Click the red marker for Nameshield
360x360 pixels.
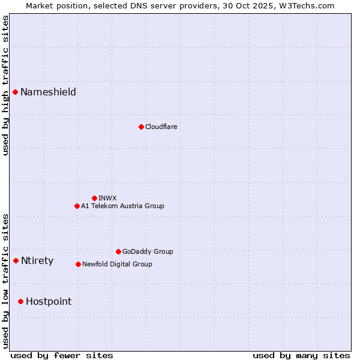[15, 92]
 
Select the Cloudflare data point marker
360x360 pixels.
[141, 127]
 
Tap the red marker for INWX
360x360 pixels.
[94, 198]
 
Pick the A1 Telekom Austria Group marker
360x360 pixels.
[77, 206]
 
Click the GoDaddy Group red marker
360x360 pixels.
[118, 251]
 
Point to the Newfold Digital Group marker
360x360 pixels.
[78, 264]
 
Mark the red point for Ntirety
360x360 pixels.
[16, 260]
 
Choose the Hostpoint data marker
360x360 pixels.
[20, 301]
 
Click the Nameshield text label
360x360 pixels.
[48, 92]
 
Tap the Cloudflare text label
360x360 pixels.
[161, 127]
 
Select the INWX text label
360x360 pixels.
[107, 198]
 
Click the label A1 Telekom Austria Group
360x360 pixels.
[122, 206]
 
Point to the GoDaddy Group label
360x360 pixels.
[148, 251]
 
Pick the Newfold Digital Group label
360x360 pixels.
[117, 264]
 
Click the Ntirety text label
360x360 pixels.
[37, 260]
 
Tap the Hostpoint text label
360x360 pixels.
[49, 301]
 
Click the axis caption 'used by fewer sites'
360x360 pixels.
[62, 355]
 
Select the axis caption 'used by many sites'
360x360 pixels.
[301, 355]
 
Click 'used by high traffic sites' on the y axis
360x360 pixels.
[6, 85]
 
